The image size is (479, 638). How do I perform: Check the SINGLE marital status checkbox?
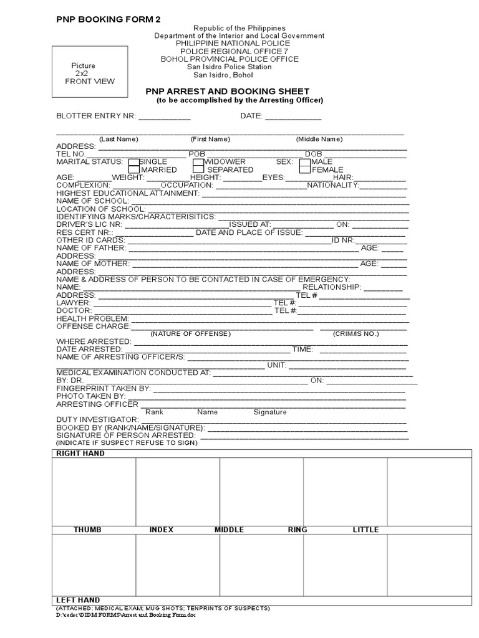click(x=133, y=162)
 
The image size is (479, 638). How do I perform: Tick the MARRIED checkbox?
click(x=133, y=169)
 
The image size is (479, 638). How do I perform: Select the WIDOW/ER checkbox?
click(x=199, y=162)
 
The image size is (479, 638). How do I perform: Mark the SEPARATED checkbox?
click(x=199, y=169)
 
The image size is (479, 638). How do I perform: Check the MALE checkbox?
click(x=305, y=162)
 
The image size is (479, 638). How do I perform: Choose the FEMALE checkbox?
click(x=305, y=169)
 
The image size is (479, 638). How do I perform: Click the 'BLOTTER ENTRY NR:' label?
click(x=96, y=116)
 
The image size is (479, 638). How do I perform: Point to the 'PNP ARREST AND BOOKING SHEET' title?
click(x=227, y=92)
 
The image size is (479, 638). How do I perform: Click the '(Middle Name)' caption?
click(x=319, y=139)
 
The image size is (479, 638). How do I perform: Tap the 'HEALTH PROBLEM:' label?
click(x=92, y=318)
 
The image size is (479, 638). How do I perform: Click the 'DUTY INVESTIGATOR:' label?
click(x=97, y=420)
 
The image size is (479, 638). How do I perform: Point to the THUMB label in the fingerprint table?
click(x=87, y=530)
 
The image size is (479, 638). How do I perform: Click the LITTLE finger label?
click(x=365, y=530)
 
